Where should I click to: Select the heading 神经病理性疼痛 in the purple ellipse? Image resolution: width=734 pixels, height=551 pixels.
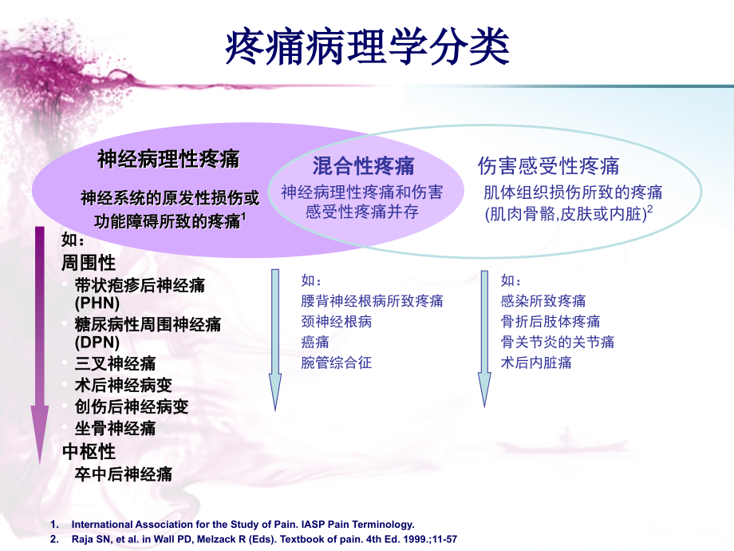coord(168,159)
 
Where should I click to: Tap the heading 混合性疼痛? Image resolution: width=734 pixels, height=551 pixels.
coord(363,166)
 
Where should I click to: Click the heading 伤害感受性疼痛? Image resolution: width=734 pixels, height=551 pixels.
coord(548,165)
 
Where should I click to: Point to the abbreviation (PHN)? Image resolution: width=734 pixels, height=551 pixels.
coord(97,303)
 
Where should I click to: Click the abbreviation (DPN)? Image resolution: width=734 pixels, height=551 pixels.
coord(97,343)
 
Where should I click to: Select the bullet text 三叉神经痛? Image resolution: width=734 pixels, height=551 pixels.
coord(115,364)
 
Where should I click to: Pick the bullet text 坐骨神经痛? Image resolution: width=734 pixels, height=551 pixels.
coord(115,428)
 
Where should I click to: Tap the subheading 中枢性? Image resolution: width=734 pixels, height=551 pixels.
coord(89,452)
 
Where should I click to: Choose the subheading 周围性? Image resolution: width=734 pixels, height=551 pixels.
coord(89,262)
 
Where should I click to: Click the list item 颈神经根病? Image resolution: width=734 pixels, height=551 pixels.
coord(336,322)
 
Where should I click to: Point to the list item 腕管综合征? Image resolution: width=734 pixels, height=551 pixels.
coord(336,363)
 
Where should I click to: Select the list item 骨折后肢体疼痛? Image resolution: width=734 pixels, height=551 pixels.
coord(550,322)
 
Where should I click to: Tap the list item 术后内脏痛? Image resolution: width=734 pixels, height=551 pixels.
coord(536,363)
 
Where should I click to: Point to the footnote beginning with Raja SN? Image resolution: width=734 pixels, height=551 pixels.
coord(263,539)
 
